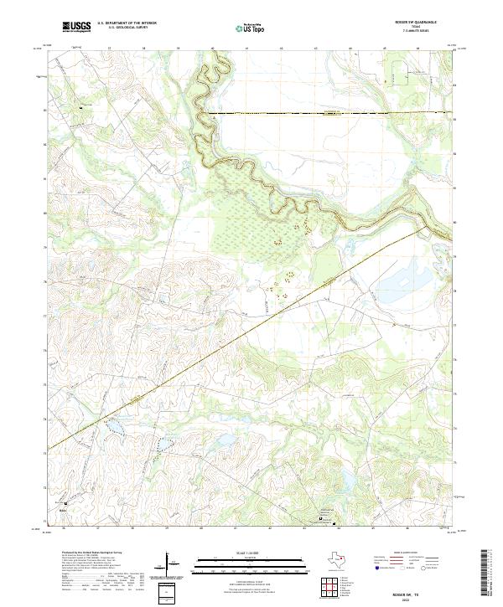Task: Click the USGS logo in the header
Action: click(x=76, y=27)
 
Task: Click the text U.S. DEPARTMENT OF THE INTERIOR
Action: click(x=127, y=23)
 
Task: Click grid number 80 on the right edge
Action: click(x=455, y=223)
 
